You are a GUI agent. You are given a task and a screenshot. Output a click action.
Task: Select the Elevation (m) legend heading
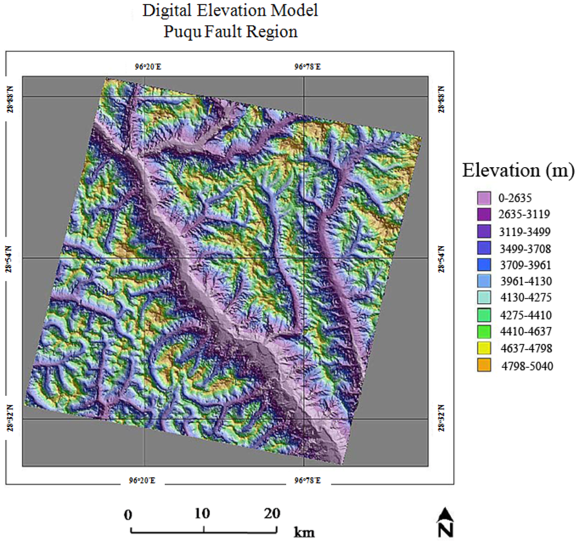[518, 170]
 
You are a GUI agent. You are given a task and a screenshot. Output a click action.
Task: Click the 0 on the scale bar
[128, 514]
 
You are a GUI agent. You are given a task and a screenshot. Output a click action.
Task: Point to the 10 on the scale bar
[202, 514]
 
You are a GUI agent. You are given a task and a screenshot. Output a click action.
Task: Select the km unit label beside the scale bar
[304, 532]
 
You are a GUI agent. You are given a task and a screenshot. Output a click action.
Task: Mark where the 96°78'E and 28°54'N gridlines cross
[304, 258]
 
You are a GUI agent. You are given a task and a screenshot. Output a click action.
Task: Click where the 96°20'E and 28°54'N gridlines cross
[145, 258]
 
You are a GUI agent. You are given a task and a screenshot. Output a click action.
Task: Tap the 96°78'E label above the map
[307, 67]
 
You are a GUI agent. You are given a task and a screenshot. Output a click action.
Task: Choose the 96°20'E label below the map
[141, 481]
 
